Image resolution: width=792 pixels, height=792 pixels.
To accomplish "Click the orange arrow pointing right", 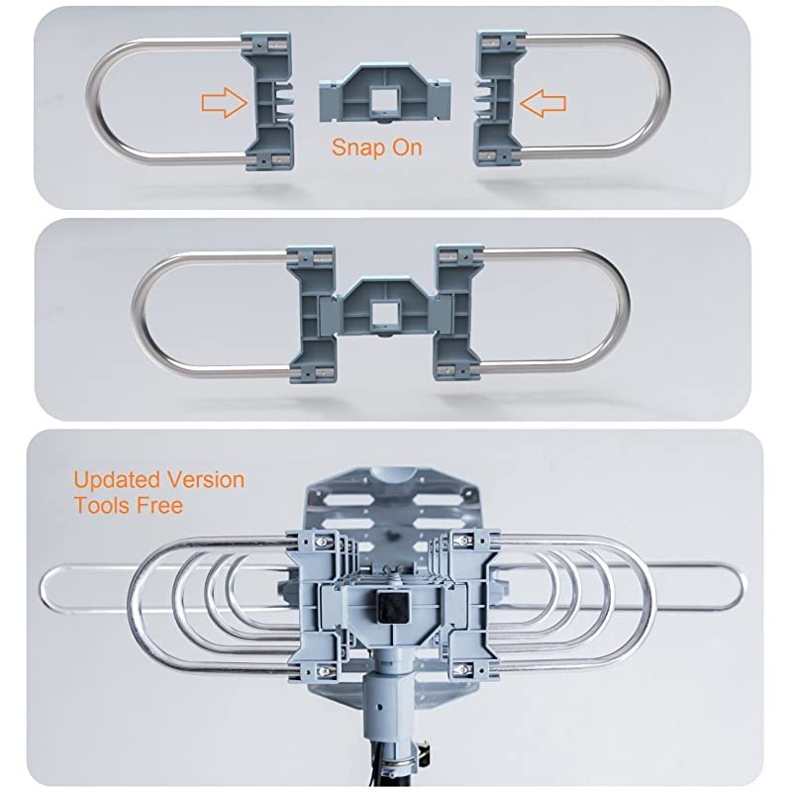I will (x=222, y=101).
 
